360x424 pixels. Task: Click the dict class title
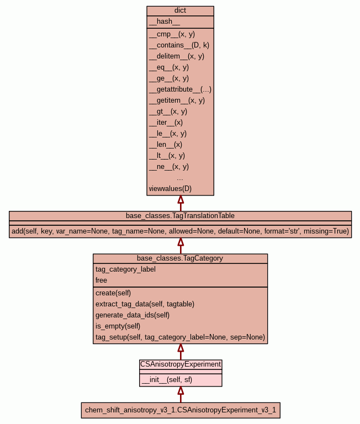[x=180, y=10]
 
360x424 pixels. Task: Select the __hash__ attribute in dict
[x=165, y=22]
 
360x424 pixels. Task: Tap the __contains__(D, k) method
[x=179, y=45]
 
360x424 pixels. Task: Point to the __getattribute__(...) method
[x=180, y=89]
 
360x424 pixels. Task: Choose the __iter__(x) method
[x=166, y=123]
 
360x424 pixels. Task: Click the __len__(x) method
[x=165, y=145]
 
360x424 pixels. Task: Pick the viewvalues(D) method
[x=170, y=189]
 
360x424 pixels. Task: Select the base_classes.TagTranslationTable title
[x=180, y=215]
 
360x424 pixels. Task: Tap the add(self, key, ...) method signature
[x=180, y=231]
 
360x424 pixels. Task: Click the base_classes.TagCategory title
[x=180, y=258]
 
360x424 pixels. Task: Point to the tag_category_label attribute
[x=125, y=269]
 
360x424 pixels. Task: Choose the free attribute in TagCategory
[x=101, y=280]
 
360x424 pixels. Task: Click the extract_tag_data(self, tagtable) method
[x=145, y=304]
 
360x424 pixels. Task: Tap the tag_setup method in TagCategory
[x=180, y=337]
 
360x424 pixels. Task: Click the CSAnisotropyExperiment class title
[x=181, y=364]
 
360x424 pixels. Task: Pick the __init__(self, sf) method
[x=167, y=380]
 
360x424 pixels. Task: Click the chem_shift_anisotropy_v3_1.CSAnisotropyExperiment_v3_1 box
[x=181, y=410]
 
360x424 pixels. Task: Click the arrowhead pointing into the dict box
[x=181, y=200]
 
